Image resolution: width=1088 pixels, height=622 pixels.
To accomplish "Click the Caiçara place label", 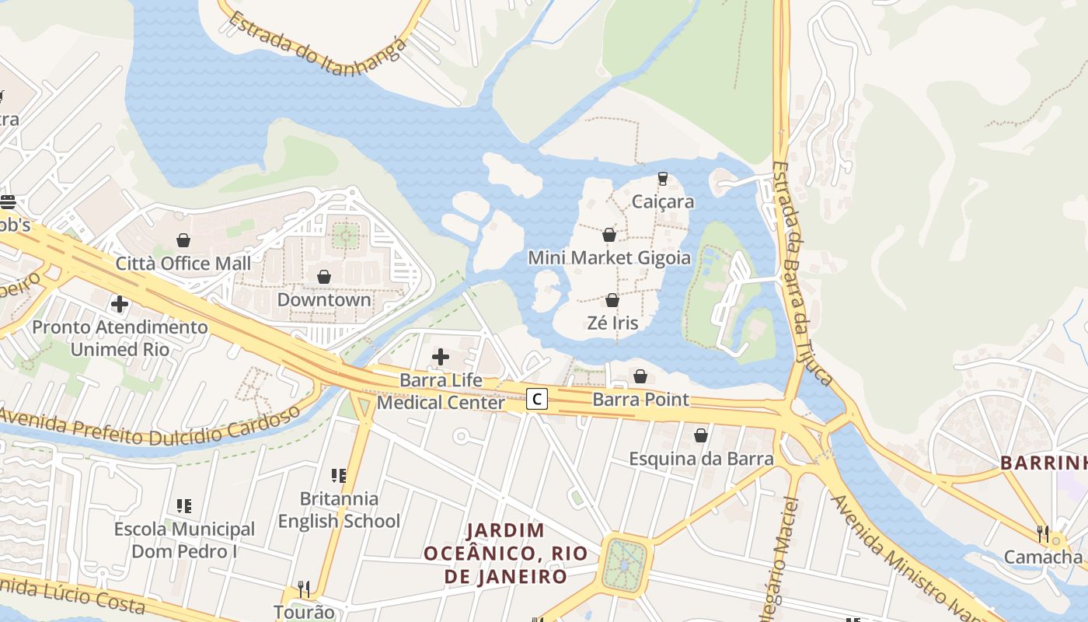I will [x=662, y=201].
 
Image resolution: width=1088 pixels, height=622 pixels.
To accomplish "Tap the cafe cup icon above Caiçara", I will [x=662, y=178].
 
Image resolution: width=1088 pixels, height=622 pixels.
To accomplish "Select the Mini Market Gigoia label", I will [x=609, y=257].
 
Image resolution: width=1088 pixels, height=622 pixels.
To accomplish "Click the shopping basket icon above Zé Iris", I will [x=612, y=300].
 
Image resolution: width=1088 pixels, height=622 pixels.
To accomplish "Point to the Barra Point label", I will [x=640, y=400].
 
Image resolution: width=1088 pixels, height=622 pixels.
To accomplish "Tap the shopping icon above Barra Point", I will [x=640, y=376].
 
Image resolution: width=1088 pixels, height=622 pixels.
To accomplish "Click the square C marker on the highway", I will [x=536, y=400].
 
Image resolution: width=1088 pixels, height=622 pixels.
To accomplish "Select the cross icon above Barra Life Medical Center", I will [x=441, y=357].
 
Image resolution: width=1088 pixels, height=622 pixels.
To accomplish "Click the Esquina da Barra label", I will [x=701, y=459].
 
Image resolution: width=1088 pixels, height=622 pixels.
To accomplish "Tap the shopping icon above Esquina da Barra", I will [x=701, y=435].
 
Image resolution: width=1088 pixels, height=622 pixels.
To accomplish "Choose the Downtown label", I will [x=324, y=299].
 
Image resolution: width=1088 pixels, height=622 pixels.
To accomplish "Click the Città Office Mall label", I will [x=183, y=264].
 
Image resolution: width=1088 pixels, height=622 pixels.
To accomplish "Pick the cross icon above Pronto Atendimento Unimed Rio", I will [x=120, y=303].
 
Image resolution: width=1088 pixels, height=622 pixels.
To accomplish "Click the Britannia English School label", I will [x=339, y=510].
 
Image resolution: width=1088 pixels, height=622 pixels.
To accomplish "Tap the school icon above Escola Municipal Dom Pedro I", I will [x=184, y=506].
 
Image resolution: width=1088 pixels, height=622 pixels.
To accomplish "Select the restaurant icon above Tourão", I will [x=304, y=589].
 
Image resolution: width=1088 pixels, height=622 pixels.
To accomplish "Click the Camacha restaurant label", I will [x=1043, y=557].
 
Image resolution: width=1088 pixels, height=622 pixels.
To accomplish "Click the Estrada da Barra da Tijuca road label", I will [x=802, y=272].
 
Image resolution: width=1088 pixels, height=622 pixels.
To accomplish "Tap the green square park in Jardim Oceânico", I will [x=624, y=564].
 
